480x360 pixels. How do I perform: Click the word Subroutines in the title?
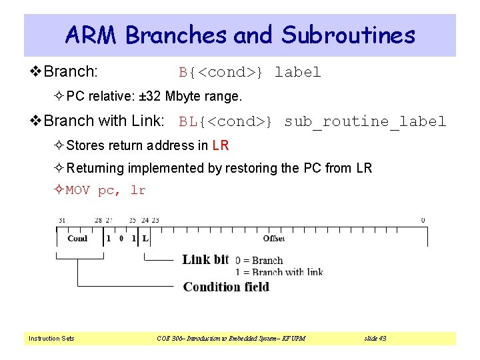(x=349, y=35)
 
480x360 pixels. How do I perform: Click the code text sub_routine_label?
(x=365, y=121)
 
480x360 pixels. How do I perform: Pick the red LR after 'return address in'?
(x=221, y=145)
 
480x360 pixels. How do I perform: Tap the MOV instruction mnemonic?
(x=78, y=191)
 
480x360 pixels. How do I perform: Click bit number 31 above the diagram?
(x=62, y=220)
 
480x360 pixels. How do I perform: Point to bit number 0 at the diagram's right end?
(x=423, y=220)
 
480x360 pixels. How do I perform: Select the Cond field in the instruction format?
(x=77, y=238)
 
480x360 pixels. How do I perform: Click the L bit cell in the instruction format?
(x=145, y=238)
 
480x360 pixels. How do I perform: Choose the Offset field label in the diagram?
(x=274, y=238)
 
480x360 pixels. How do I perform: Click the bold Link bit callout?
(x=205, y=260)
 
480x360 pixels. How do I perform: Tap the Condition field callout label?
(x=226, y=287)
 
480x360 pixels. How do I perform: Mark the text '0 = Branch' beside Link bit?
(x=259, y=261)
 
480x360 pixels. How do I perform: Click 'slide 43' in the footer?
(x=375, y=339)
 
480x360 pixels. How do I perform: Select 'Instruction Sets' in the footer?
(x=51, y=339)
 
